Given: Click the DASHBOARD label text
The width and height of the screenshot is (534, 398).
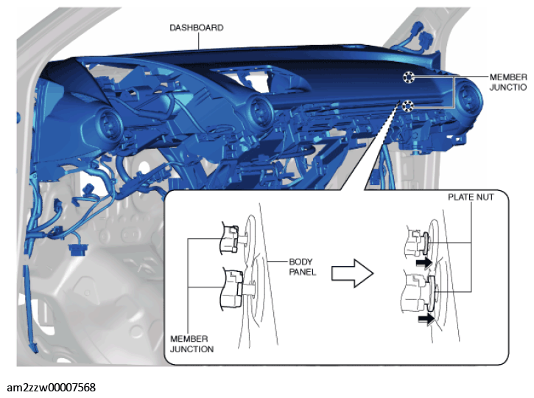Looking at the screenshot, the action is tap(197, 27).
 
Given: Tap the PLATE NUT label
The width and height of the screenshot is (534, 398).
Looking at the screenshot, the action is tap(471, 197).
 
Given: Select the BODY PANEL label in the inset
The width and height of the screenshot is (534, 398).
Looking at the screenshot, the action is tap(303, 267).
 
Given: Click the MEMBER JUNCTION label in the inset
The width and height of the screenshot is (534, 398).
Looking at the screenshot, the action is tap(192, 343).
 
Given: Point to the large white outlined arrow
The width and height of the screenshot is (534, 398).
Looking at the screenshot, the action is tap(353, 273).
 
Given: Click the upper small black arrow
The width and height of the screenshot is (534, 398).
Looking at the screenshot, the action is tap(424, 262).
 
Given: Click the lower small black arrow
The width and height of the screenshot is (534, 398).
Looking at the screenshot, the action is tap(426, 319).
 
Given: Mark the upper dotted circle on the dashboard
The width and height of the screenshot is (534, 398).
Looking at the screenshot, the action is tap(408, 77).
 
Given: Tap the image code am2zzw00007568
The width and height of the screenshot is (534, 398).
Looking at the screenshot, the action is tap(51, 388).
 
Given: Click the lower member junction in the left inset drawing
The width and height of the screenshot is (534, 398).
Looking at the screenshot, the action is tap(233, 289).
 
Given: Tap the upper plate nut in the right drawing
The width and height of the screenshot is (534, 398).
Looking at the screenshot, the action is tap(426, 243).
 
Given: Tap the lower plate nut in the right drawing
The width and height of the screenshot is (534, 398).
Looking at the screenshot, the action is tap(432, 293).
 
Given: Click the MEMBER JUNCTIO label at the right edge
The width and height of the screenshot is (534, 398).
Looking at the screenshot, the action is tap(508, 82).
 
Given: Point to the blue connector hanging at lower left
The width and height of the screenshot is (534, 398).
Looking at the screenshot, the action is tap(77, 249).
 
